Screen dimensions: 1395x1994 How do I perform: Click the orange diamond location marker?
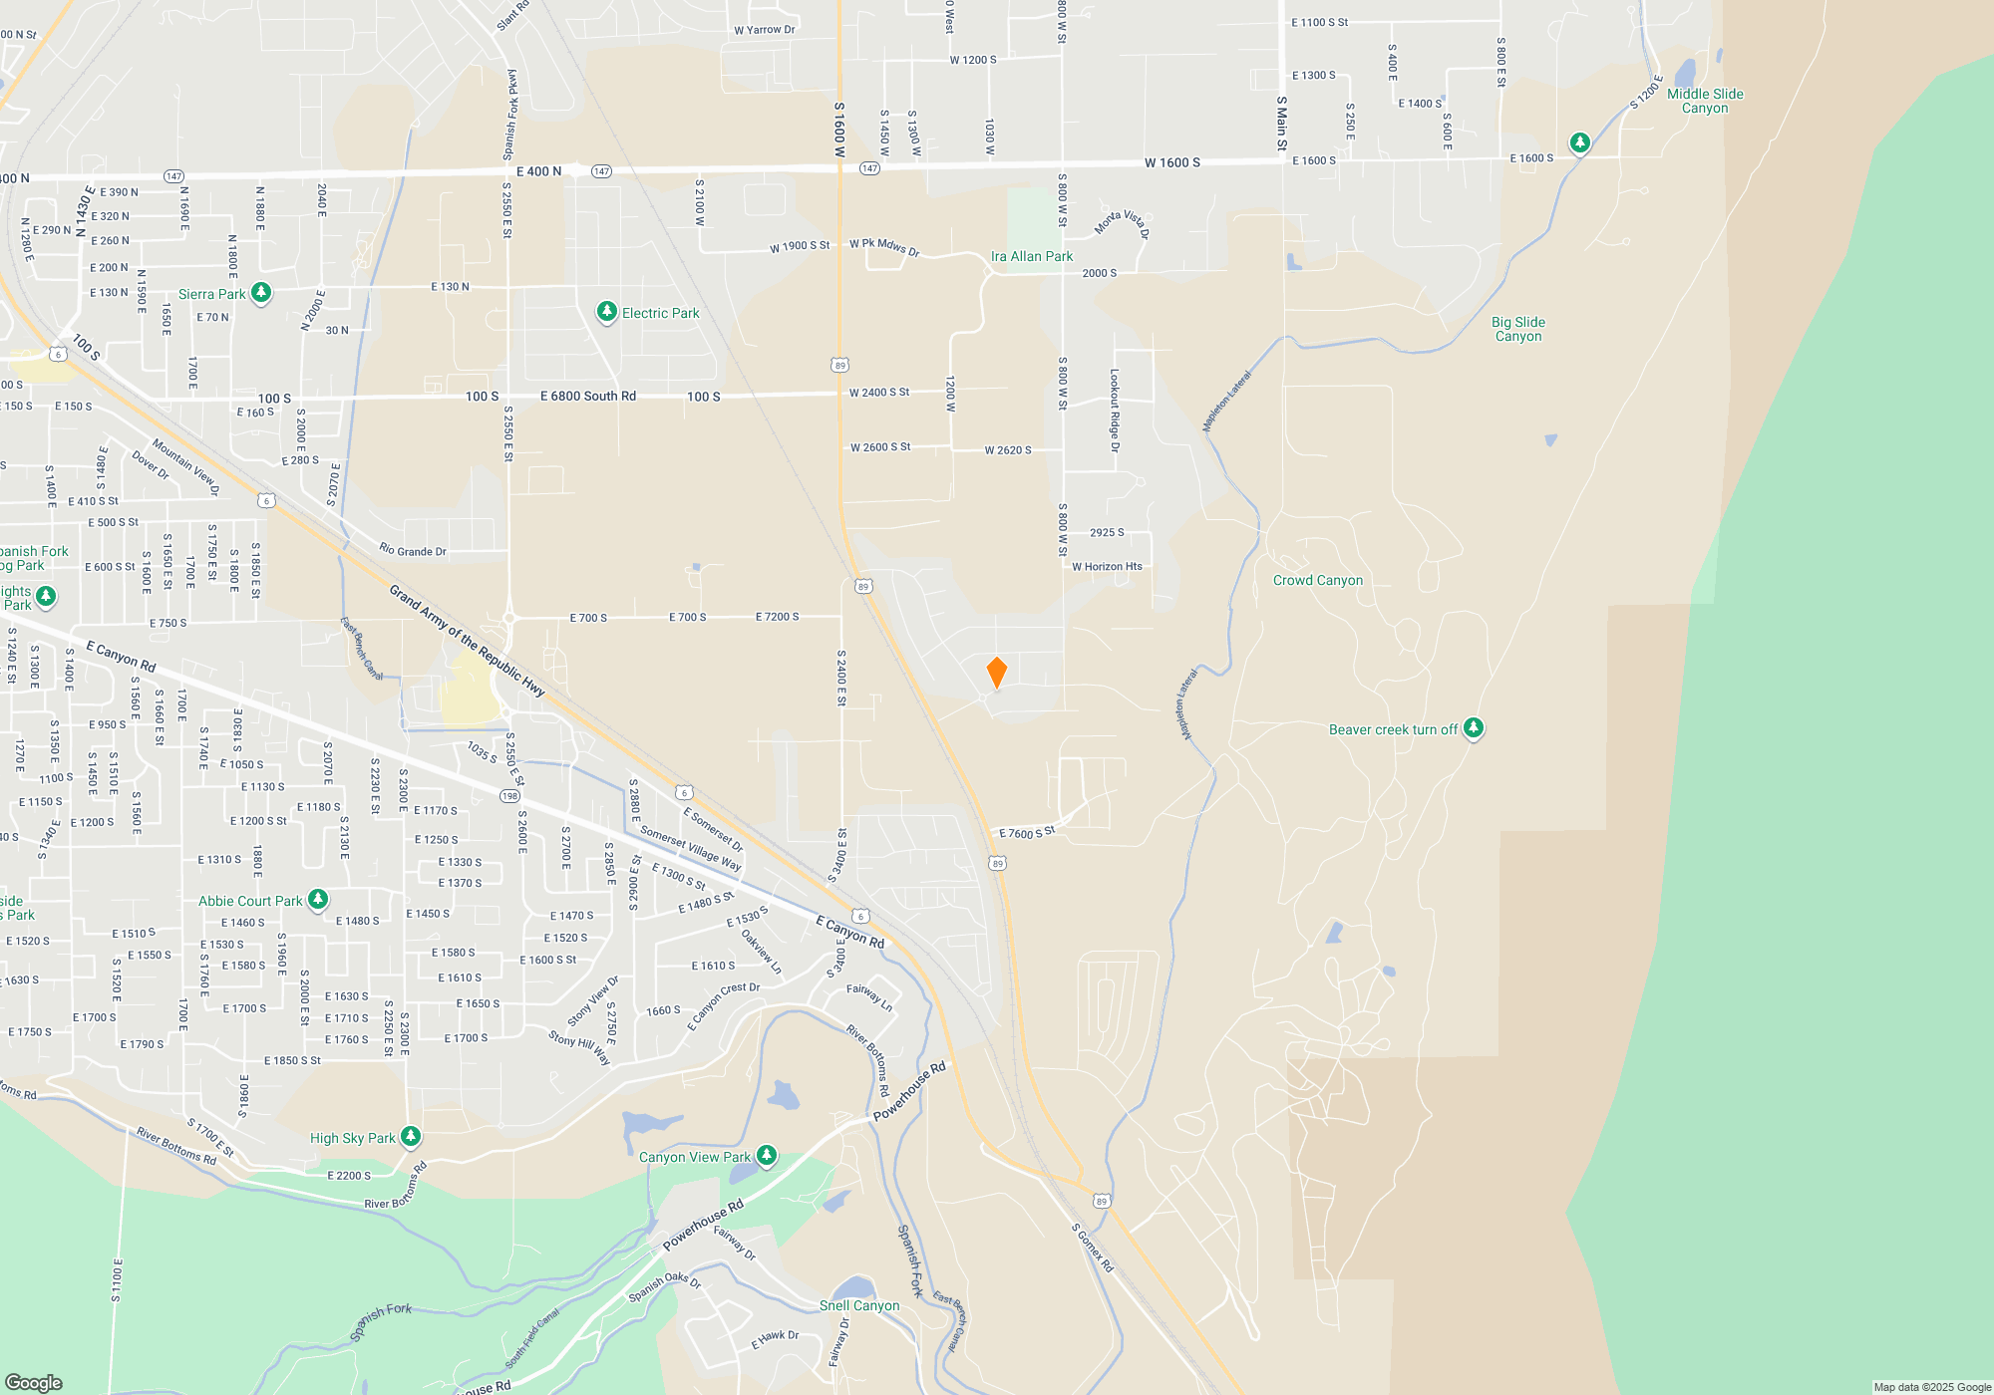(x=996, y=673)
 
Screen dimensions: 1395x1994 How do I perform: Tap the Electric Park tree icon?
(x=606, y=312)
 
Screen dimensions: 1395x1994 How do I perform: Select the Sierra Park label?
(x=211, y=294)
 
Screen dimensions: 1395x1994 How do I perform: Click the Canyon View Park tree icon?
(x=766, y=1156)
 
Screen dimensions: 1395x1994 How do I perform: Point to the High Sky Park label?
(x=352, y=1138)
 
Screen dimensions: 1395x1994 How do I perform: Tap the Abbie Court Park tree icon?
(x=317, y=900)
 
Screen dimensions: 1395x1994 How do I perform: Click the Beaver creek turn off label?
(x=1393, y=729)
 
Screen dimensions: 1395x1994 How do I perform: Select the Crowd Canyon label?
(x=1317, y=580)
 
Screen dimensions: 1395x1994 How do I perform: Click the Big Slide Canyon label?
(x=1517, y=329)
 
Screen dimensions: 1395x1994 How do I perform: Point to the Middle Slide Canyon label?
(x=1705, y=101)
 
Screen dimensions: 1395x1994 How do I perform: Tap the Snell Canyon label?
(x=858, y=1305)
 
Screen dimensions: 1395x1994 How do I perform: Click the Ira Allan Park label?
(x=1031, y=256)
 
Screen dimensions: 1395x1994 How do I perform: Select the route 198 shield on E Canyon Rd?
(x=509, y=795)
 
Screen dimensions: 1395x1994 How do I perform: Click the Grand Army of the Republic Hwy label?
(x=467, y=641)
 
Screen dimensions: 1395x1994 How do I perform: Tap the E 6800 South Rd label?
(x=587, y=396)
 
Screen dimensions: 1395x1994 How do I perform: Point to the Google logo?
(x=33, y=1382)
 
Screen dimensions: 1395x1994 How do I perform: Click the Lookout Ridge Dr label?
(x=1115, y=411)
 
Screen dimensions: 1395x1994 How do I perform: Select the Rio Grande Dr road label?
(x=412, y=550)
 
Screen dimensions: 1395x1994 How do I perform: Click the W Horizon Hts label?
(x=1107, y=566)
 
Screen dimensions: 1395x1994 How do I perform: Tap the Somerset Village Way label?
(x=690, y=848)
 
